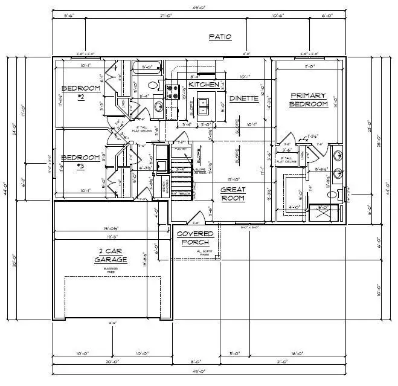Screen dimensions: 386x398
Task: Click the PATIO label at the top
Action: [x=220, y=37]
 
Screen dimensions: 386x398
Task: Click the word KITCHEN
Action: [x=204, y=85]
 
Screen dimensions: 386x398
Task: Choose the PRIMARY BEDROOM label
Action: [x=309, y=100]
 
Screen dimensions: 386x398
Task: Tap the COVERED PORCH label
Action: [x=194, y=238]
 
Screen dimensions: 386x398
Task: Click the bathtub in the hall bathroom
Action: [x=147, y=67]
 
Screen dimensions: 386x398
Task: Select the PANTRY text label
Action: [x=179, y=148]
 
